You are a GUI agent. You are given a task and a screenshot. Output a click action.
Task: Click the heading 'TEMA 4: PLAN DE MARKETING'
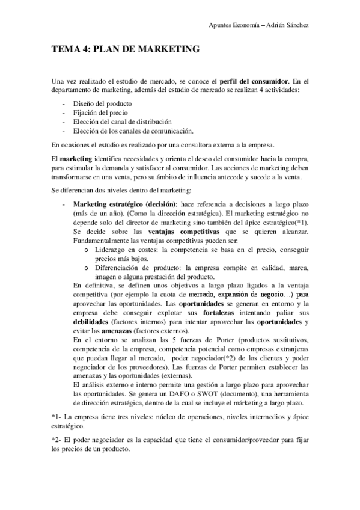126,49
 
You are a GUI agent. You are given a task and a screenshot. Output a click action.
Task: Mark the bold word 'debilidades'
91,321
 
